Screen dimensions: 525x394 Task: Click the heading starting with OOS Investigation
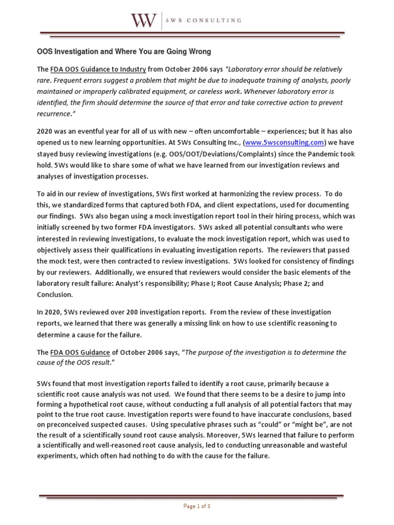[124, 52]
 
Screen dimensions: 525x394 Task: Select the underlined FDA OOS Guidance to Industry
[98, 69]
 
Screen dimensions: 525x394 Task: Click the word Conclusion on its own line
[55, 295]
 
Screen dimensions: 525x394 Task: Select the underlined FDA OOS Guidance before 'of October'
[80, 353]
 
